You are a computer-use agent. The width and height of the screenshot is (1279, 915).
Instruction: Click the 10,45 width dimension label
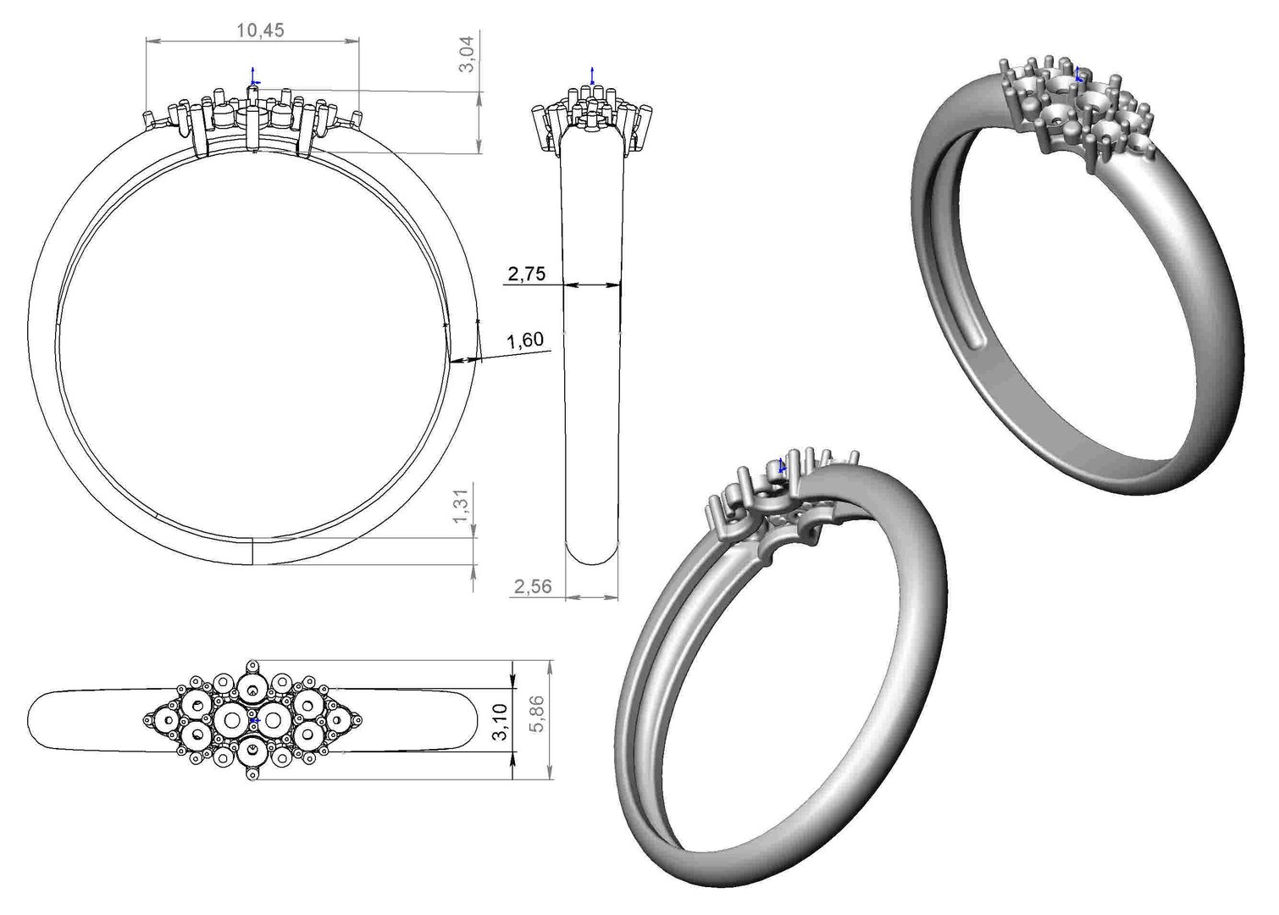coord(260,30)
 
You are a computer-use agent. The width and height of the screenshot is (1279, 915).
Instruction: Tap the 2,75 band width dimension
coord(526,274)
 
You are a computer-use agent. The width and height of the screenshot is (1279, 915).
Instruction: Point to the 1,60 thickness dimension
coord(524,341)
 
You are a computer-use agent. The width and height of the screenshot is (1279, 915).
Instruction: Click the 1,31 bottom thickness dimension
coord(462,507)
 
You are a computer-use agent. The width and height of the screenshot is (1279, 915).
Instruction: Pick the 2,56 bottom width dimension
coord(531,586)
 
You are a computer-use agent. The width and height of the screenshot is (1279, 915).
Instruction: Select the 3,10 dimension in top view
coord(501,721)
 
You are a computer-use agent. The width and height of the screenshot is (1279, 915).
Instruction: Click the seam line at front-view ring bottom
coord(254,551)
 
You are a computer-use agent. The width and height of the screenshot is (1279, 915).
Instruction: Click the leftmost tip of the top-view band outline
coord(30,719)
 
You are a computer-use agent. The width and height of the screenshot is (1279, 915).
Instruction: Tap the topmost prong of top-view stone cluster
coord(252,667)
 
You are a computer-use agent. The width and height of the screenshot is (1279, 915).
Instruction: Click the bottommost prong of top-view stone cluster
coord(252,774)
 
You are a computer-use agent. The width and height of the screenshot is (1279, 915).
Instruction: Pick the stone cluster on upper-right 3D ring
coord(1074,108)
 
